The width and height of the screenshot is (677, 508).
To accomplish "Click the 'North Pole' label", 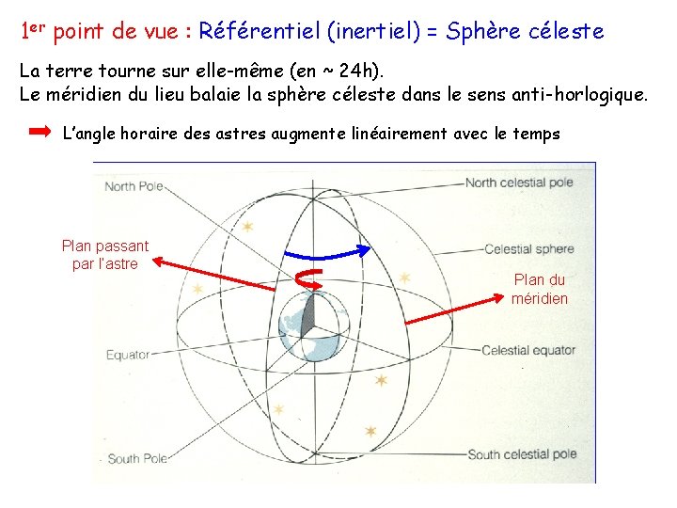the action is click(x=134, y=186).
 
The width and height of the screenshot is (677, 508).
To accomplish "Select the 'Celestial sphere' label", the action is click(x=528, y=249).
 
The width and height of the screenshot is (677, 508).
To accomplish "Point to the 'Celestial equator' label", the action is click(x=528, y=351).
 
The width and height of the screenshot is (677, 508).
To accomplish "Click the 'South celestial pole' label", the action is click(x=522, y=454).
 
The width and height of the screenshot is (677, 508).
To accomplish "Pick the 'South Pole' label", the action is click(x=137, y=459).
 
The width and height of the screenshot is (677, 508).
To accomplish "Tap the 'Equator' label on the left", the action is click(x=128, y=356).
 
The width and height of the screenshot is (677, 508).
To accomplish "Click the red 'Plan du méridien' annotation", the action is click(x=540, y=289).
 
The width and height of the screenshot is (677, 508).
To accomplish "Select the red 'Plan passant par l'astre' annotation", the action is click(x=104, y=255).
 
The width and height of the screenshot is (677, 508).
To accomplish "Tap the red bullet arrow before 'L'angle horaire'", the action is click(x=39, y=133).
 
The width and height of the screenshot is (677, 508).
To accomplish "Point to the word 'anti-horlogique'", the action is click(x=575, y=94).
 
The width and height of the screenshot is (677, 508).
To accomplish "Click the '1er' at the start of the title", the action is click(x=33, y=30).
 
